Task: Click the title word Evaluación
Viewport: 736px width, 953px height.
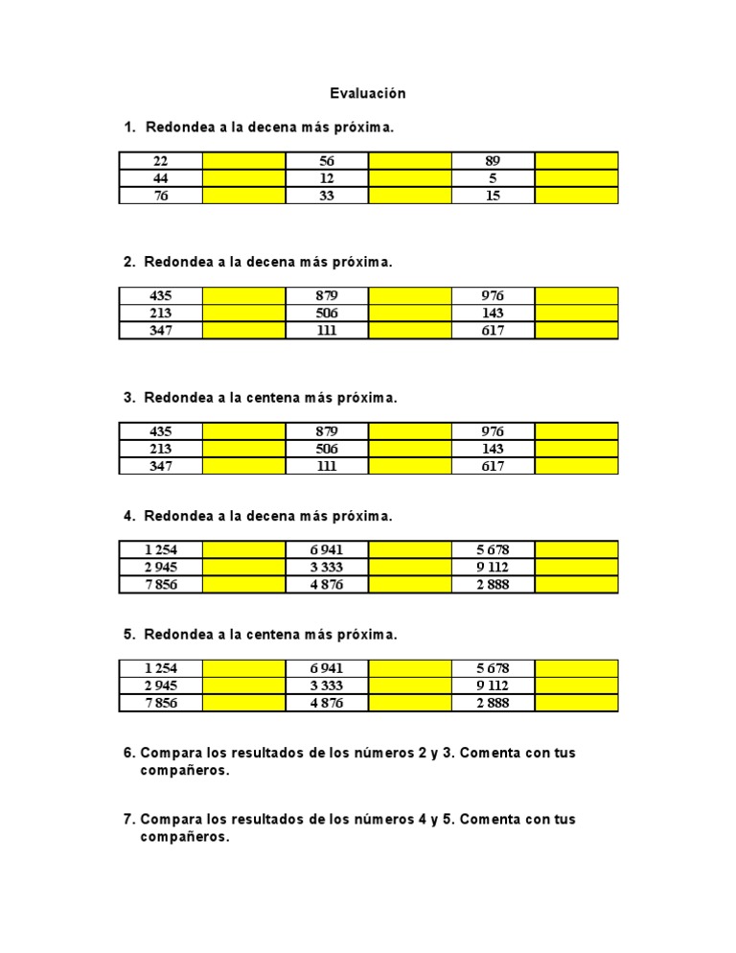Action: coord(368,93)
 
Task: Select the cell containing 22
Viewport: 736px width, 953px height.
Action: coord(161,161)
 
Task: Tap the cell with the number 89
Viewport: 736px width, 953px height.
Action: coord(494,161)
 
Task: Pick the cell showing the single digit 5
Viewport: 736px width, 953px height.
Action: coord(494,178)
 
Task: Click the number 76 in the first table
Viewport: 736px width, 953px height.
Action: coord(161,196)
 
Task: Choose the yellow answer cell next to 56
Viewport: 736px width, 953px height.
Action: coord(410,161)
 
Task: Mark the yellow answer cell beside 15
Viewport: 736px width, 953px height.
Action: coord(576,196)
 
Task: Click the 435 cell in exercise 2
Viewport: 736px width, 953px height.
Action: coord(161,296)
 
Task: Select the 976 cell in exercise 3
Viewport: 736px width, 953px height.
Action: coord(494,431)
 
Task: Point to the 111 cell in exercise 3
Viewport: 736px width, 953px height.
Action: coord(327,466)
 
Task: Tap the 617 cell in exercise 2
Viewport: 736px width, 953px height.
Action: coord(494,331)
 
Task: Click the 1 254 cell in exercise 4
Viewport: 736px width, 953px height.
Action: coord(161,549)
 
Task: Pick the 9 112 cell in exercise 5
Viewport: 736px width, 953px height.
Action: coord(494,686)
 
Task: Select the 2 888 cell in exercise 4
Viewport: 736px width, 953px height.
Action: coord(494,585)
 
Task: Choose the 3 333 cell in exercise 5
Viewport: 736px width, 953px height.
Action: coord(327,686)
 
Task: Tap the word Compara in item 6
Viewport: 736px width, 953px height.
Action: coord(167,753)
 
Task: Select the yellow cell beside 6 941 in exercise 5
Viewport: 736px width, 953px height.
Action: coord(410,668)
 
